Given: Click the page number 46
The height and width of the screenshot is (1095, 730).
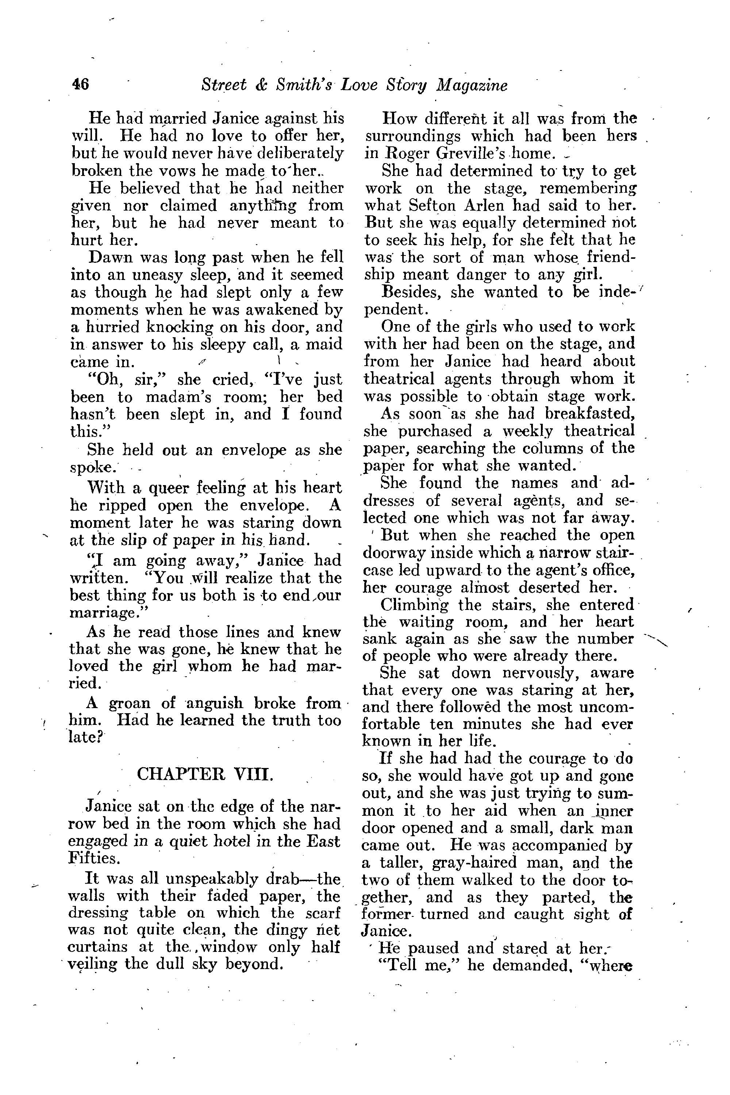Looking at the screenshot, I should tap(81, 85).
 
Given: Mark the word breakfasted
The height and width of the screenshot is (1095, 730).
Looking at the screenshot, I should tap(588, 414).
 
